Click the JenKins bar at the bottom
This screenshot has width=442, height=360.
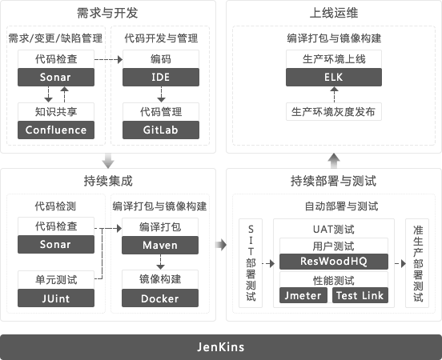[x=221, y=346]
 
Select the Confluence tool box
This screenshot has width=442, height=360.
[x=56, y=130]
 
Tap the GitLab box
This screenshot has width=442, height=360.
[x=161, y=130]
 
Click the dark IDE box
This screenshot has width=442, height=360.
[x=161, y=77]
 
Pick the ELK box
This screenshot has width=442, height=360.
[x=334, y=77]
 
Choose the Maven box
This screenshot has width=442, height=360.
[x=160, y=245]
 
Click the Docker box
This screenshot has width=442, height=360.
[x=160, y=298]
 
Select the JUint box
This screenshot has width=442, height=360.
[x=56, y=298]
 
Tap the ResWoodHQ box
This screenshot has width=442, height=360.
[x=334, y=262]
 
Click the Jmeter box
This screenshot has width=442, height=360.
[x=303, y=295]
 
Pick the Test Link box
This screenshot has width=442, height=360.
[x=360, y=295]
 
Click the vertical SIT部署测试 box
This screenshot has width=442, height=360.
[x=251, y=263]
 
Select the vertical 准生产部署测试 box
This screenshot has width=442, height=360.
[x=417, y=263]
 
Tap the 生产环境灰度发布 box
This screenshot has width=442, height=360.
[x=334, y=111]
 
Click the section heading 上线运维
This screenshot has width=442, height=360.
[x=334, y=13]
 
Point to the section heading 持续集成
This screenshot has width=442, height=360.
[x=108, y=181]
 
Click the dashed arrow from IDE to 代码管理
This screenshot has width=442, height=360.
[x=161, y=94]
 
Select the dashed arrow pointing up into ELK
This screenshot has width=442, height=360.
[x=335, y=94]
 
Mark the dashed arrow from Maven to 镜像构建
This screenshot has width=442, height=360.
[x=160, y=262]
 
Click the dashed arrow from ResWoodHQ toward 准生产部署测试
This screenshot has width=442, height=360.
[x=400, y=264]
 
